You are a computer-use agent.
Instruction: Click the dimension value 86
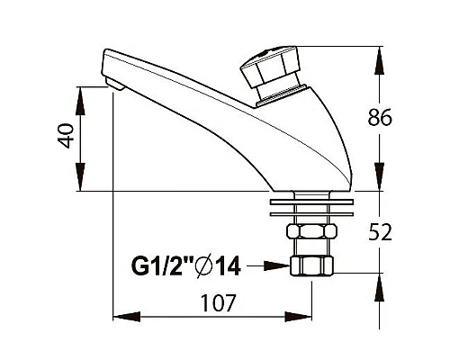tap(380, 117)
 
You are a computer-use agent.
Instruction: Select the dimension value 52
tap(380, 232)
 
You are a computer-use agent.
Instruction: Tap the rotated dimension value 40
tap(66, 136)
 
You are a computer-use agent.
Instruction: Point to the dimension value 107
tap(219, 302)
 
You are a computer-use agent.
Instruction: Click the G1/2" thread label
tap(162, 265)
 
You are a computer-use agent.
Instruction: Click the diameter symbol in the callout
tap(203, 265)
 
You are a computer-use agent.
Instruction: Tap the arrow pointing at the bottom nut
tap(268, 265)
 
